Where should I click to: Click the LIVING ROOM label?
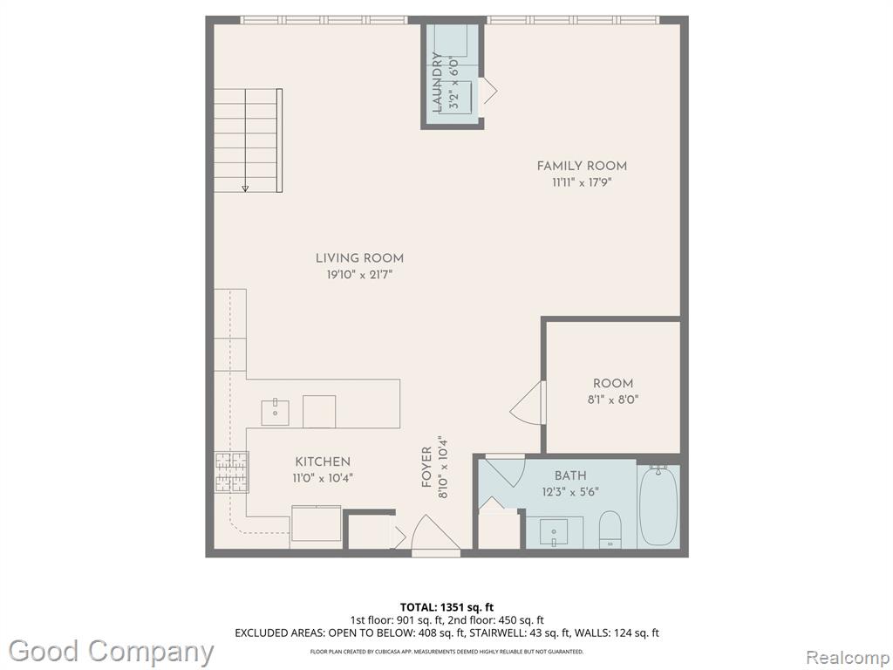[x=359, y=258]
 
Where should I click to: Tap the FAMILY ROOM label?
[x=582, y=166]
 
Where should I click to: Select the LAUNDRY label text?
[x=438, y=81]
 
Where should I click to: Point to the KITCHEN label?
[x=323, y=461]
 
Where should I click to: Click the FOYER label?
[x=426, y=468]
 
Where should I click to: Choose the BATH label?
[x=570, y=475]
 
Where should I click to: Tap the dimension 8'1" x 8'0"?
[x=613, y=400]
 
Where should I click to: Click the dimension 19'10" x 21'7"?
[x=359, y=275]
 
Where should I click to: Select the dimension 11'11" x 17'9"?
[x=582, y=183]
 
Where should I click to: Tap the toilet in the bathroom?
[x=610, y=529]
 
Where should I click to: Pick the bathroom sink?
[x=554, y=532]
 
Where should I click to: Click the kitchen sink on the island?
[x=275, y=413]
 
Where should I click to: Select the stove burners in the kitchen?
[x=232, y=472]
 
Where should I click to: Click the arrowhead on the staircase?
[x=245, y=188]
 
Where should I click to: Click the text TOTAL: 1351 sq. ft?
[x=446, y=607]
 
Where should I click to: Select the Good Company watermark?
[x=111, y=652]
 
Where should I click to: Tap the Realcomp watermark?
[x=848, y=658]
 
